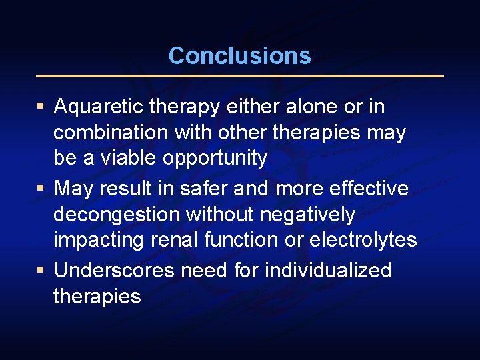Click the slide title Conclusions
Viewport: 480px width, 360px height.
[239, 55]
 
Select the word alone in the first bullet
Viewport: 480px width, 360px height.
[311, 107]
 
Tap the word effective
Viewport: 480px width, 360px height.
[369, 189]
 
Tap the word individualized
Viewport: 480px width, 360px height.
[328, 271]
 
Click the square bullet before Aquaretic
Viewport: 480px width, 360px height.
[41, 107]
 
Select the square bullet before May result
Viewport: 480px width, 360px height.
[41, 189]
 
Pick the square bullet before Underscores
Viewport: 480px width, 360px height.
[41, 271]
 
